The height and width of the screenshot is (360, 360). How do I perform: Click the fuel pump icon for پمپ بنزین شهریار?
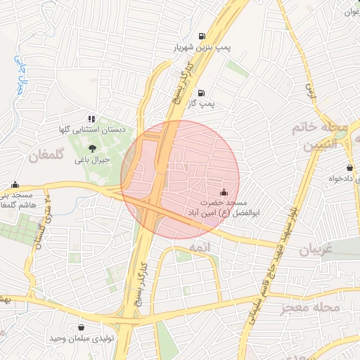coord(202,37)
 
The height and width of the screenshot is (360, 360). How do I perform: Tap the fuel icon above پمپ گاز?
coord(202,93)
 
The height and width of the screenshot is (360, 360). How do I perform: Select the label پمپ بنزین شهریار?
coord(202,49)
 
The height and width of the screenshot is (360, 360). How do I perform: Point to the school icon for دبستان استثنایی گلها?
coord(91,120)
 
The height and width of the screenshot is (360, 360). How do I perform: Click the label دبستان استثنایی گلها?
coord(91,131)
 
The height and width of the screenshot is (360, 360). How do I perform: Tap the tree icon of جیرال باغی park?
coord(92,148)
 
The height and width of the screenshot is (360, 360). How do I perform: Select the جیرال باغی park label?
coord(92,160)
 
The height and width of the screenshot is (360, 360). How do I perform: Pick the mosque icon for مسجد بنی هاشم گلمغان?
coord(15,184)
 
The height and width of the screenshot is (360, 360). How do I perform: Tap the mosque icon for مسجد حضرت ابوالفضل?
coord(224,190)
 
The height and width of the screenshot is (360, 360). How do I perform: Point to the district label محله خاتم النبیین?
coord(325,137)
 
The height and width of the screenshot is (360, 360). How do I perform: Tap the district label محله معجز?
coord(309,307)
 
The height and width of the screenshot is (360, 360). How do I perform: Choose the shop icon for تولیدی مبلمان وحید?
coord(82,328)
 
